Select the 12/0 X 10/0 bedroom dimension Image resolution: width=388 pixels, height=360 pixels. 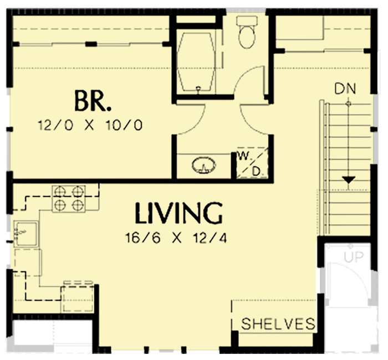(90, 126)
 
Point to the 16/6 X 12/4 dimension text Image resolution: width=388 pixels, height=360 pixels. (178, 239)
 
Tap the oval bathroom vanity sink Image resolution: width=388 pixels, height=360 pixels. (204, 165)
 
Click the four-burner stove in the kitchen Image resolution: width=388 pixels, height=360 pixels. (69, 199)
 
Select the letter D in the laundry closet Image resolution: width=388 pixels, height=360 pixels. (256, 172)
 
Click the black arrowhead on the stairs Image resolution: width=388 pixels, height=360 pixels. (348, 180)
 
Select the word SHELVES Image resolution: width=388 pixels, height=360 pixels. (278, 323)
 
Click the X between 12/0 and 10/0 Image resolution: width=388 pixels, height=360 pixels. (90, 126)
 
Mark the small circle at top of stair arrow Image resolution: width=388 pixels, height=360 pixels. (348, 103)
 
